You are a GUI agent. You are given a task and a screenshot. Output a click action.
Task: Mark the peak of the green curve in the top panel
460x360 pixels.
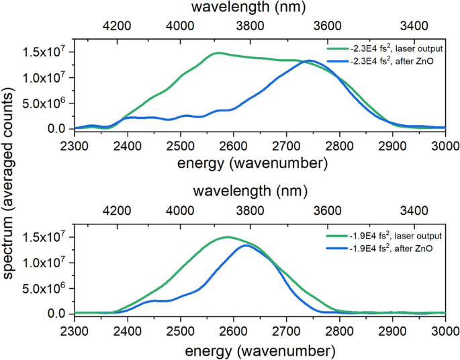(x=218, y=52)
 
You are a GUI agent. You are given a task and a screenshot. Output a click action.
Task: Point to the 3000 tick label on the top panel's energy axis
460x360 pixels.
(x=445, y=145)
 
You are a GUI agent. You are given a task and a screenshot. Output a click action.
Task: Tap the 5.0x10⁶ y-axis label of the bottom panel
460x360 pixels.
(x=44, y=287)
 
